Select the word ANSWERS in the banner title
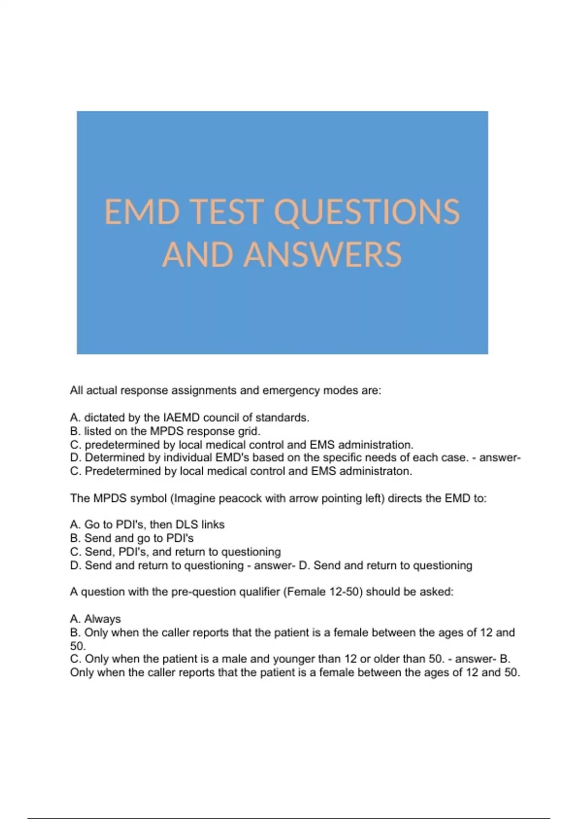click(x=322, y=254)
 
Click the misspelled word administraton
click(x=376, y=471)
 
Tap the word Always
click(x=103, y=619)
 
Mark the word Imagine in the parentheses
click(x=195, y=498)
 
